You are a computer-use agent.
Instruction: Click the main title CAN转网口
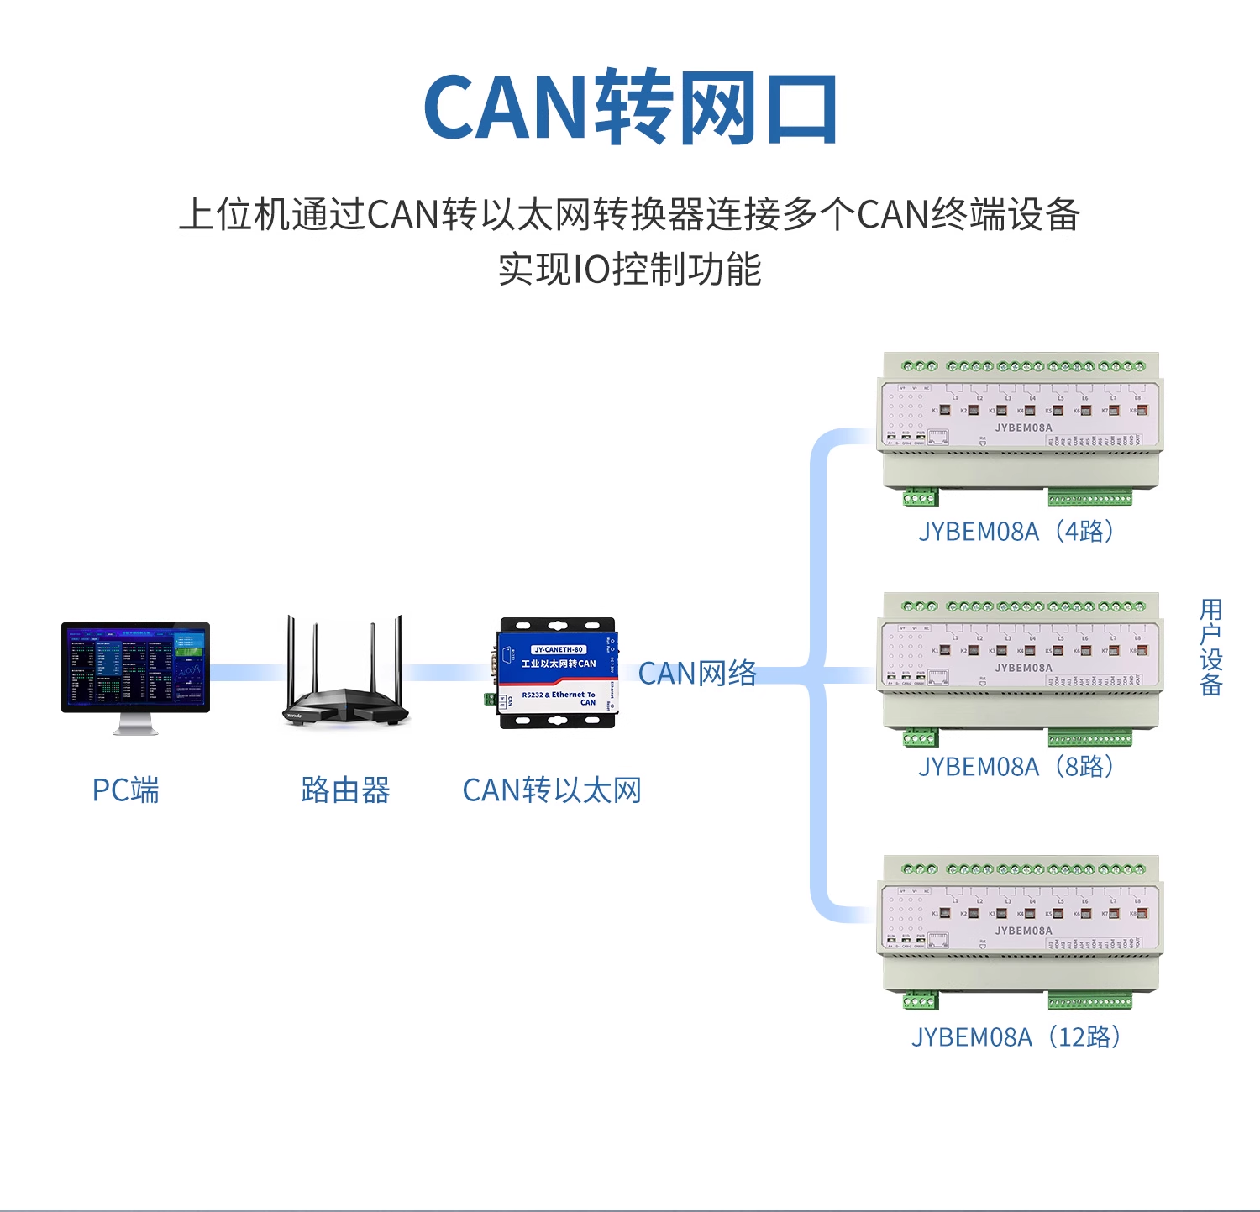[630, 108]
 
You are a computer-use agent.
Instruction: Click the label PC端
[125, 790]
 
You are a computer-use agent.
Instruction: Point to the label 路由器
[345, 790]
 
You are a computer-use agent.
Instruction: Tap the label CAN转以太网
[552, 790]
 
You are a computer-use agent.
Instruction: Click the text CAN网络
[697, 674]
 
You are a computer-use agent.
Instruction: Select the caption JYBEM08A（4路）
[1016, 532]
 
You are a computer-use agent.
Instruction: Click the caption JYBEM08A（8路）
[1016, 767]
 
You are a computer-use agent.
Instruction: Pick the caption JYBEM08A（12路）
[1016, 1037]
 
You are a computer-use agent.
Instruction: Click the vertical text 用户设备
[1210, 647]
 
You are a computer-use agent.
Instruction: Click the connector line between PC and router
[245, 673]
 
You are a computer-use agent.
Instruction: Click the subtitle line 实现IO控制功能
[630, 270]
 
